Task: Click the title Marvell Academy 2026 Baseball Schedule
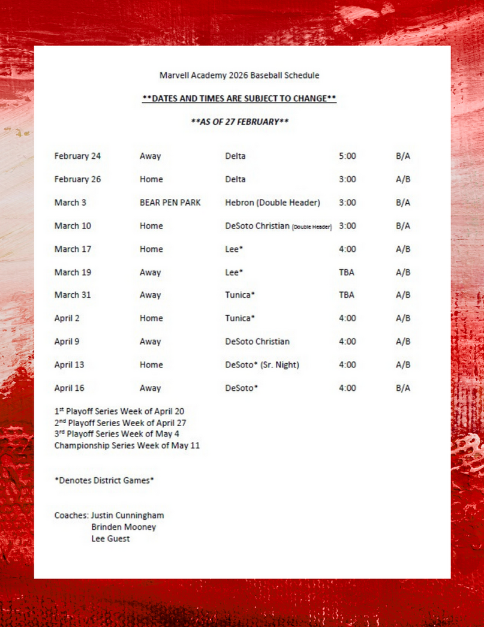pos(239,76)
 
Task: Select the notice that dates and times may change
pos(239,98)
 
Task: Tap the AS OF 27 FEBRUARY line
pos(239,122)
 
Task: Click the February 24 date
pos(77,156)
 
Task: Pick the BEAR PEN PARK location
pos(170,203)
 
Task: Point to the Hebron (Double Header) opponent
pos(272,203)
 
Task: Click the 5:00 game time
pos(347,156)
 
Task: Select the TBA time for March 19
pos(347,272)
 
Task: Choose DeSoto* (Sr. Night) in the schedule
pos(262,364)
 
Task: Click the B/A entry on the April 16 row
pos(403,388)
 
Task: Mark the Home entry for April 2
pos(151,318)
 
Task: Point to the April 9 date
pos(67,342)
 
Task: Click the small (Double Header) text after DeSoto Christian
pos(312,227)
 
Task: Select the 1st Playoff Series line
pos(119,411)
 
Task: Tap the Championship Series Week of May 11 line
pos(127,445)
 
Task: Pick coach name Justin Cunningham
pos(127,516)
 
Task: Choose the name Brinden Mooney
pos(124,527)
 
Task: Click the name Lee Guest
pos(110,538)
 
